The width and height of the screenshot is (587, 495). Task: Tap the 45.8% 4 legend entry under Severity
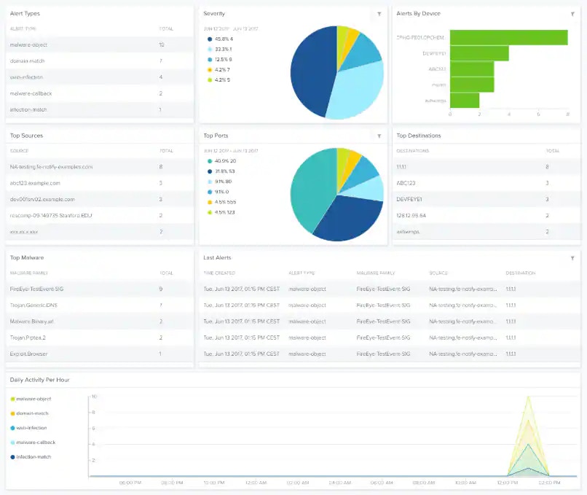point(222,39)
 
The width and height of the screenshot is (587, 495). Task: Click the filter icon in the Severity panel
point(379,14)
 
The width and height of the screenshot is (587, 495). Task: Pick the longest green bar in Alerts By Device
point(508,37)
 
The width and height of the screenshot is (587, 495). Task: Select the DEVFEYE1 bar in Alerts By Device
point(479,53)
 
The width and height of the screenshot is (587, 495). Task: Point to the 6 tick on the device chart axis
point(538,114)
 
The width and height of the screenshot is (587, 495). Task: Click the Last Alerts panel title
point(217,257)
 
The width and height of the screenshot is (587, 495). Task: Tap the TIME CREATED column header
point(219,273)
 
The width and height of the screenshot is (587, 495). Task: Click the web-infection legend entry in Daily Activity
point(31,428)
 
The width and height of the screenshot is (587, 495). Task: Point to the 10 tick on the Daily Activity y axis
point(94,397)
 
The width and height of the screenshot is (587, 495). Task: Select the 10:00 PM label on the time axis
point(213,482)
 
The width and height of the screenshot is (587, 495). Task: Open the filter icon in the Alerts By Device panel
point(572,14)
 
